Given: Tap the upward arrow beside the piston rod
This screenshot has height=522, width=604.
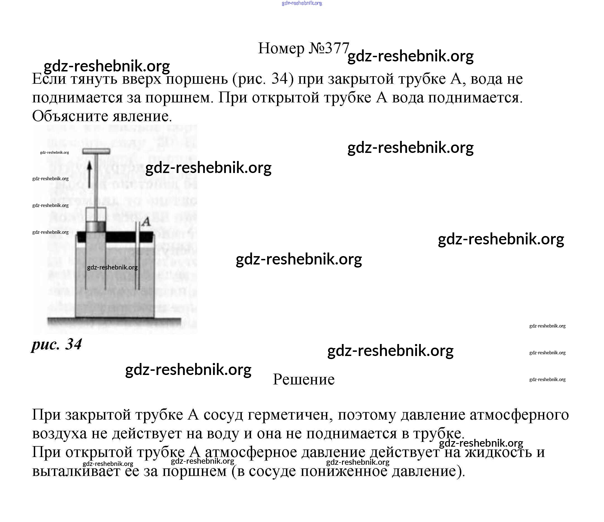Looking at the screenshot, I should [x=89, y=174].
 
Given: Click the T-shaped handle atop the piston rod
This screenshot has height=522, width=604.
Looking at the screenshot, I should [x=96, y=151].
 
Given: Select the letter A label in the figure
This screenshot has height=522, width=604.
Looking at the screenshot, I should [x=146, y=222].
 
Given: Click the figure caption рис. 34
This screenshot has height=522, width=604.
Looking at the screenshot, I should [x=57, y=345].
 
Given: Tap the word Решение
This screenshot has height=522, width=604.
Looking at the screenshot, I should [x=304, y=379].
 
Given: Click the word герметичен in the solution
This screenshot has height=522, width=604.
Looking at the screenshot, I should [x=290, y=415].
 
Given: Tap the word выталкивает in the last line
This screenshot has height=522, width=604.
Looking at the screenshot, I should [x=76, y=471].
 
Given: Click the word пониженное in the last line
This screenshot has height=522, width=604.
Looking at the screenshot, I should [x=344, y=471].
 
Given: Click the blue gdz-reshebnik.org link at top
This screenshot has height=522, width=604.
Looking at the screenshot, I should [x=302, y=3].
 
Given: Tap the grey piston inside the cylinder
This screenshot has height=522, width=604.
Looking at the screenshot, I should [x=96, y=226].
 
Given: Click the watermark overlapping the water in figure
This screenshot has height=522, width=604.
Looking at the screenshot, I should [x=112, y=267].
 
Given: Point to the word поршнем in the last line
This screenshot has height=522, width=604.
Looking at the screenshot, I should [x=194, y=471].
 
